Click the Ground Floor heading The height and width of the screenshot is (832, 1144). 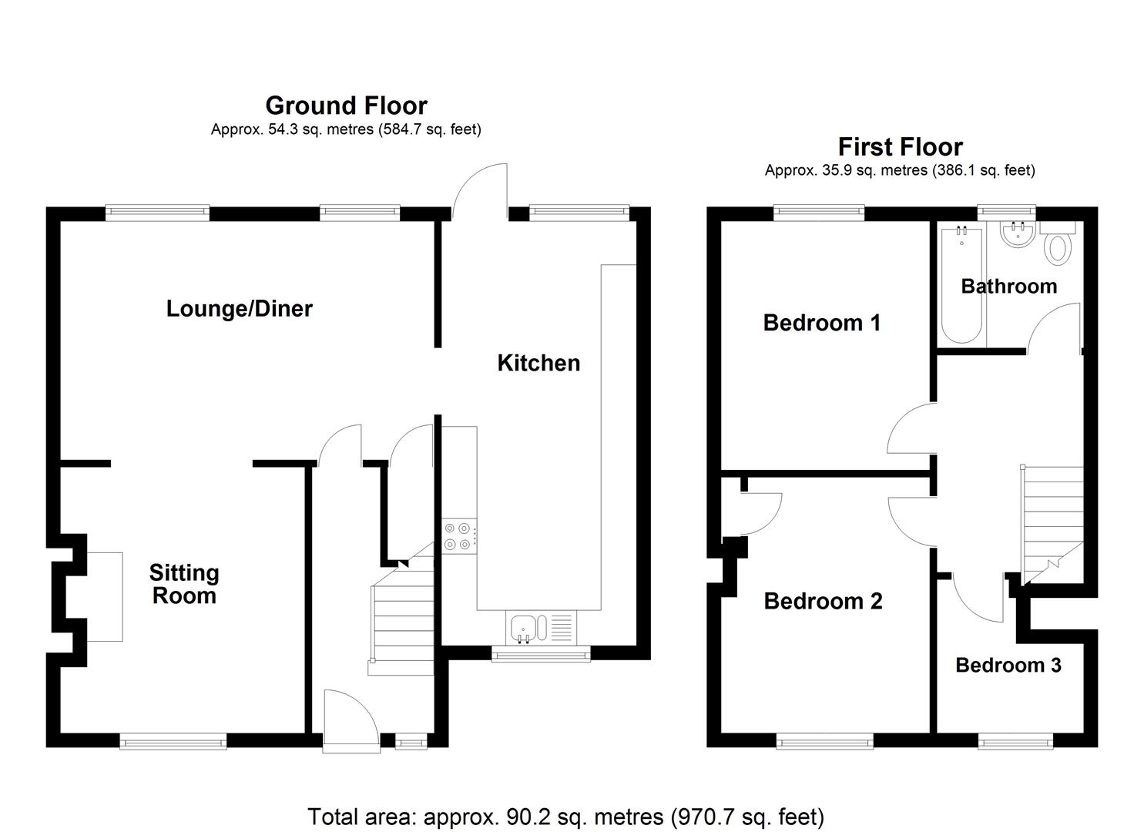click(346, 106)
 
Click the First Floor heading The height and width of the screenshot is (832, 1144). click(900, 147)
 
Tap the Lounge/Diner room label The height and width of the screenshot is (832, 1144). click(239, 309)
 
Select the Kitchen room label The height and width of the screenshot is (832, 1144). click(538, 363)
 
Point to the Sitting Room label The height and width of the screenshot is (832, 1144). click(184, 584)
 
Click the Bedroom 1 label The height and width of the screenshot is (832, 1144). click(821, 323)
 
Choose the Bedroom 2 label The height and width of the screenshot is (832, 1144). click(823, 601)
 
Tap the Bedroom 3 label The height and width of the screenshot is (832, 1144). click(1008, 665)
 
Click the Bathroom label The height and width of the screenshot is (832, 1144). click(1008, 287)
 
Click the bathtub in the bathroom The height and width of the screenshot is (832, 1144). click(961, 285)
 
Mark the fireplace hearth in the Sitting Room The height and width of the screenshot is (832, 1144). click(105, 596)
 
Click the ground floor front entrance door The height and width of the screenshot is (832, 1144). click(351, 721)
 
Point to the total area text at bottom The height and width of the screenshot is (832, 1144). click(565, 816)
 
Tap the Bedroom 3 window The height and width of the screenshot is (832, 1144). click(1015, 742)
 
